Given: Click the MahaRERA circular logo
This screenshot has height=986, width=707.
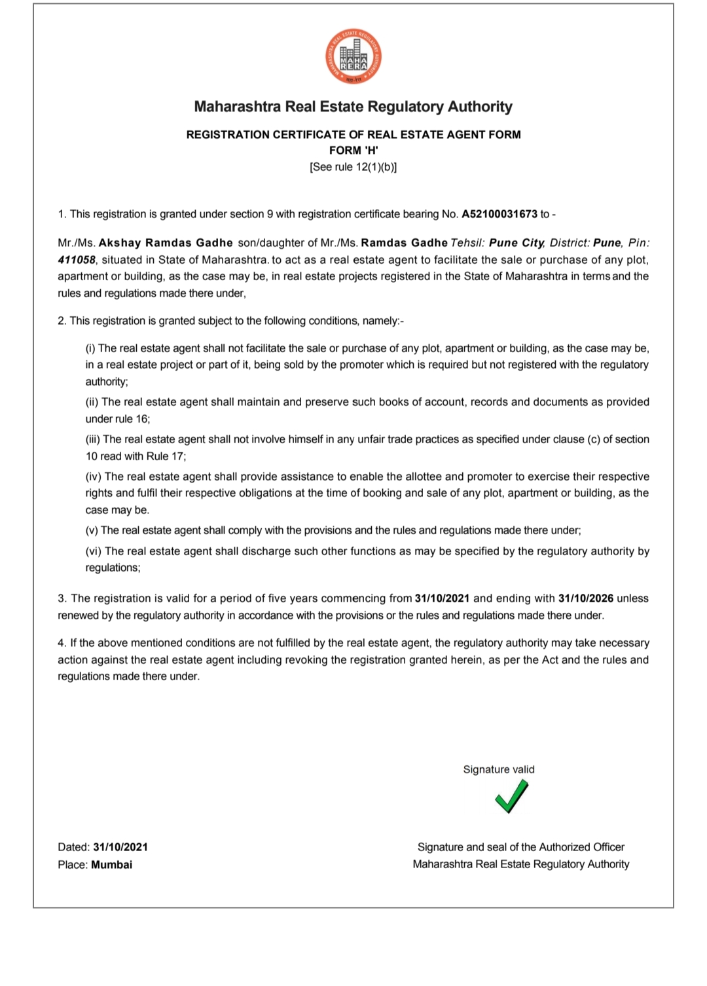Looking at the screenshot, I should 353,58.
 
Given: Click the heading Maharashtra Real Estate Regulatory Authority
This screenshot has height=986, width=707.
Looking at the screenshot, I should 353,107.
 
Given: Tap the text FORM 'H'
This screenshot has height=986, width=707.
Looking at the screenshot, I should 353,151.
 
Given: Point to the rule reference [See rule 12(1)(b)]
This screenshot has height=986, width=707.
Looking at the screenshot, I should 353,167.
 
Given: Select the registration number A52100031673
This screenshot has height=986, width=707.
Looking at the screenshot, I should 499,214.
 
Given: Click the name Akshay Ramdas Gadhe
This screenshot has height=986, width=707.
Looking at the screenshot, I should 166,243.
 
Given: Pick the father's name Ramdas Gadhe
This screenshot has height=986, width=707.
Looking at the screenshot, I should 405,243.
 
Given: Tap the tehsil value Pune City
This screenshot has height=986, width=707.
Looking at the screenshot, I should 517,243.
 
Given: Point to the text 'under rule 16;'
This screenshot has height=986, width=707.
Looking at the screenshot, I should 118,419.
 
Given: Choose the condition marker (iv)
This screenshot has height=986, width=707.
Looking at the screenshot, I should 94,477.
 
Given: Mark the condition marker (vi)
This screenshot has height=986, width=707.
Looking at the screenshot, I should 94,551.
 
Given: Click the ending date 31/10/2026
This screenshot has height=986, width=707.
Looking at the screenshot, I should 586,598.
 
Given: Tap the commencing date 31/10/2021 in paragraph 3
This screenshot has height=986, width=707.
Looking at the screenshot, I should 442,598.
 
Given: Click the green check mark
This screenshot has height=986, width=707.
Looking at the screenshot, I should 511,797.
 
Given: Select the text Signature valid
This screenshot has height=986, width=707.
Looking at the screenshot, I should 499,770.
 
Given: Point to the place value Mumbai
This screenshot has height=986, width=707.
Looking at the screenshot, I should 111,865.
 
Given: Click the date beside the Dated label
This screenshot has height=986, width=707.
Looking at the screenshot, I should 120,847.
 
